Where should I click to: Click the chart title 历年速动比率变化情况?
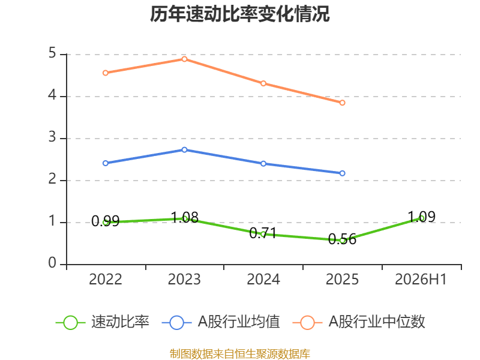click(x=239, y=14)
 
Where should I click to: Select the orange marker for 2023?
click(x=184, y=59)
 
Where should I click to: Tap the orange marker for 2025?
click(x=342, y=103)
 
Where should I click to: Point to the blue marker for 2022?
click(x=106, y=163)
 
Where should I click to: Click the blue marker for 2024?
click(x=263, y=164)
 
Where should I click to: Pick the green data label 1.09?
click(x=422, y=217)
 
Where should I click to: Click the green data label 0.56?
click(x=342, y=239)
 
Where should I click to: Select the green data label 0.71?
click(x=263, y=233)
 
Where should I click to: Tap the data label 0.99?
click(x=106, y=221)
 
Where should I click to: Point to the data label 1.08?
click(x=185, y=218)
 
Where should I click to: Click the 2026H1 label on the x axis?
click(x=421, y=279)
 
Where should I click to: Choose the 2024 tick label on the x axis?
click(x=263, y=279)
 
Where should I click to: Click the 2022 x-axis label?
click(x=106, y=279)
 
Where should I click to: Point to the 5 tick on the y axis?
click(x=52, y=53)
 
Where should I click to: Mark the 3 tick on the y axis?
click(x=52, y=137)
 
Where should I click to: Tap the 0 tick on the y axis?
click(x=52, y=263)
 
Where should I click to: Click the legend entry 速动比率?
click(x=103, y=322)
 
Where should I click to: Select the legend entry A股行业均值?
click(x=221, y=322)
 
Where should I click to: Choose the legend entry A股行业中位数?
click(x=359, y=322)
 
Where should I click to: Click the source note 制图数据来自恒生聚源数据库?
click(x=240, y=354)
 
